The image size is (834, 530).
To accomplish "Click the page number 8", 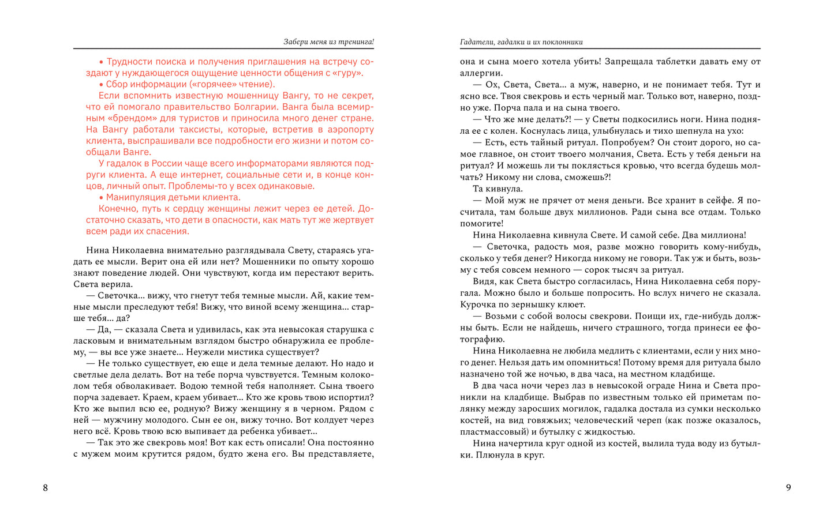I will [46, 488].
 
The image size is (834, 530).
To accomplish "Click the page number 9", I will [788, 487].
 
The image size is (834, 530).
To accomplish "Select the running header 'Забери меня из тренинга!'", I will [328, 42].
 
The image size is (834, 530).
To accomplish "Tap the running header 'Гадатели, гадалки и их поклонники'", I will [521, 42].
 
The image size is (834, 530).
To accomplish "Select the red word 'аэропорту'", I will [350, 130].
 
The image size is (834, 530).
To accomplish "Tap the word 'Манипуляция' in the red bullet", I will [136, 197].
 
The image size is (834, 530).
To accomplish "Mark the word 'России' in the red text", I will [170, 164].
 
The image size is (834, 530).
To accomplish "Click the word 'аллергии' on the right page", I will [481, 73].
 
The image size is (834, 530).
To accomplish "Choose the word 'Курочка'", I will [478, 305].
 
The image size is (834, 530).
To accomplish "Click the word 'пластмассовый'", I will [490, 432].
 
